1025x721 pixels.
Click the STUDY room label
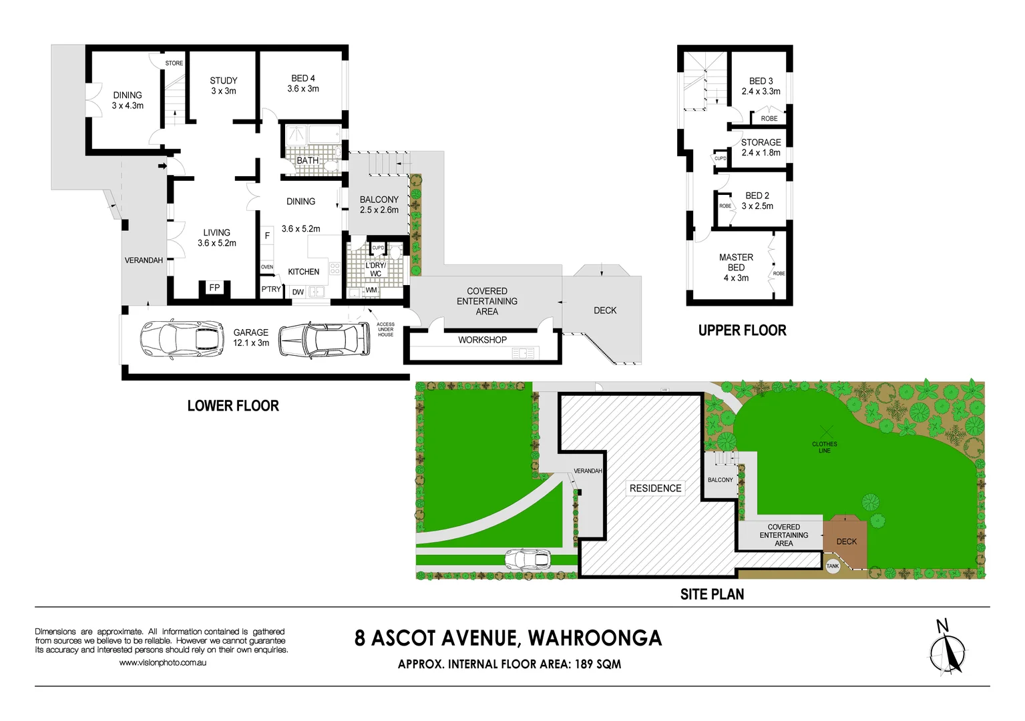tap(224, 85)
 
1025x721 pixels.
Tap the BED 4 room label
tap(303, 83)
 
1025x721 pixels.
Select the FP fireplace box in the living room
tap(214, 288)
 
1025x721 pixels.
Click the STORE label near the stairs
tap(174, 63)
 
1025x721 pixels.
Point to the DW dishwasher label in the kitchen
tap(298, 292)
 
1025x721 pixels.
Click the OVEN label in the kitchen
tap(267, 267)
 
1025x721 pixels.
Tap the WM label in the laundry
tap(371, 290)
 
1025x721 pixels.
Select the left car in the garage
tap(182, 338)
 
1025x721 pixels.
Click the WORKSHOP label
tap(482, 340)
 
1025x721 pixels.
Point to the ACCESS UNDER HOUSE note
tap(385, 329)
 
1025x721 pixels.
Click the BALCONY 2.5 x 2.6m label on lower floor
tap(379, 204)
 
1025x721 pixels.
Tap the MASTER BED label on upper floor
tap(736, 267)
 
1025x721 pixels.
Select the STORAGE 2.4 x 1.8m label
tap(761, 148)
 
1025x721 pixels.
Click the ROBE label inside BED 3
tap(769, 119)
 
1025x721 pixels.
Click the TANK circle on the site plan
tap(833, 566)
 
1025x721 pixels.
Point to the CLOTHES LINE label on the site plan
tap(825, 447)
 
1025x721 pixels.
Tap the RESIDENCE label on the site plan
tap(655, 488)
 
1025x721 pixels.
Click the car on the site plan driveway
tap(528, 559)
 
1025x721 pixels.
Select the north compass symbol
tap(947, 651)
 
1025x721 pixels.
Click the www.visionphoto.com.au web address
tap(163, 663)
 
